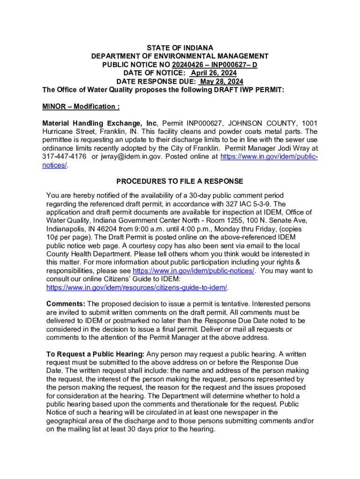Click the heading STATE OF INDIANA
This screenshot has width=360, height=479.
[x=180, y=48]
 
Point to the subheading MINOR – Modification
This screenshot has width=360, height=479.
[x=81, y=107]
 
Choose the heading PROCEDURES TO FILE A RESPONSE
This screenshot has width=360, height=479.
[x=180, y=181]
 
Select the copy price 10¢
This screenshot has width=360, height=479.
[x=53, y=237]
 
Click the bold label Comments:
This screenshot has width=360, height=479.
[x=65, y=304]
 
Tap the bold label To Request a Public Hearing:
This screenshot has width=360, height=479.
[x=95, y=354]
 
